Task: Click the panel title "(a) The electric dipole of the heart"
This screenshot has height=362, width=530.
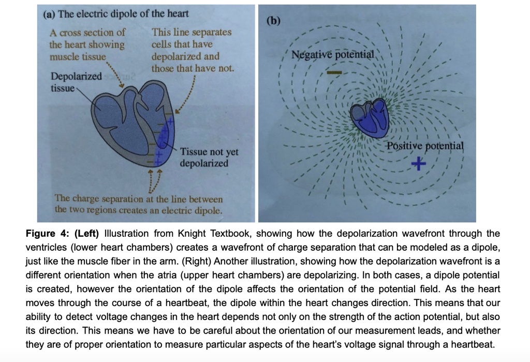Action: tap(115, 14)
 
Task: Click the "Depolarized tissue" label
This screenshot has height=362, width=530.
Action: tap(76, 82)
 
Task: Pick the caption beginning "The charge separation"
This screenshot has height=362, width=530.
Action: tap(139, 204)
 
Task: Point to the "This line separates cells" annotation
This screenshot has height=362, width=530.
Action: tap(192, 50)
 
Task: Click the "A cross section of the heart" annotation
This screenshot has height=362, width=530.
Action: tap(87, 45)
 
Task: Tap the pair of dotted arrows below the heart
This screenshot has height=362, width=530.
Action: tap(155, 179)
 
